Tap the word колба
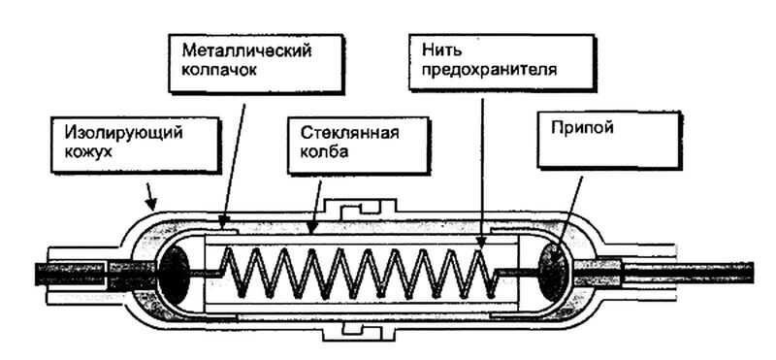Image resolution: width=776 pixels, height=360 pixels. tap(316, 152)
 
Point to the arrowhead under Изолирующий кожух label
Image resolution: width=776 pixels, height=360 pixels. tap(150, 206)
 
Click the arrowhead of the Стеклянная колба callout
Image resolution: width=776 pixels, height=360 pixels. tap(311, 234)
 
